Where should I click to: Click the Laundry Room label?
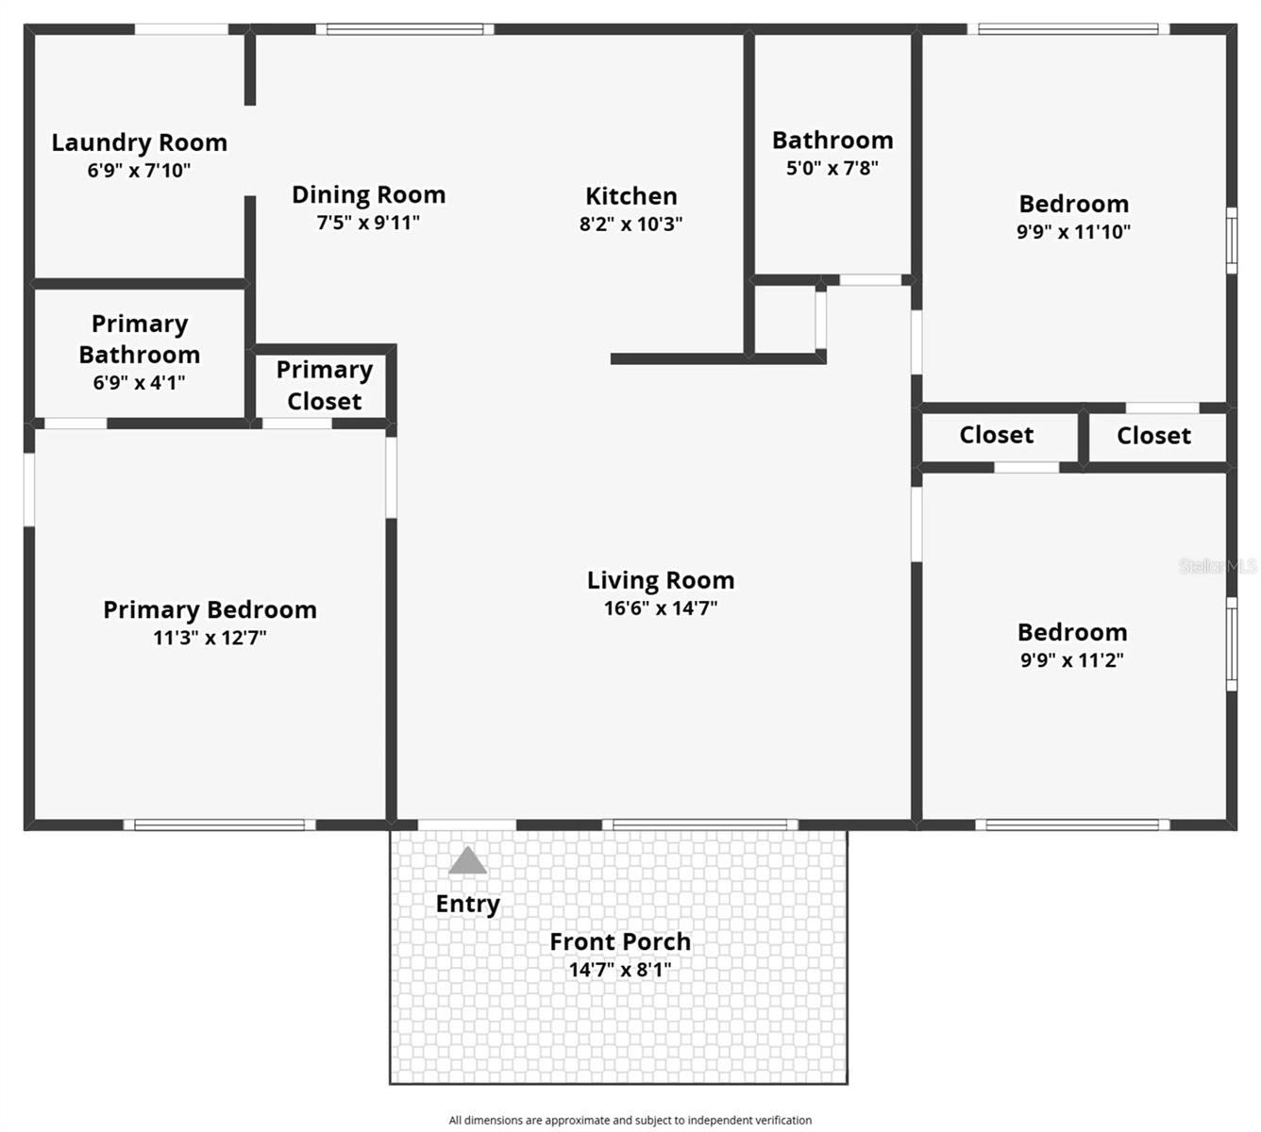(139, 142)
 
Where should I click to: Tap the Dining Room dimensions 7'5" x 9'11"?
(368, 223)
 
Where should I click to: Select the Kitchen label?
(630, 196)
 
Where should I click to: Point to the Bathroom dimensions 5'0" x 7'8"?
(832, 168)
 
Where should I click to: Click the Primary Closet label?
(324, 385)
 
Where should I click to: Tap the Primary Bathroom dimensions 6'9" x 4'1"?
(139, 382)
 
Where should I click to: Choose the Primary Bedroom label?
(210, 609)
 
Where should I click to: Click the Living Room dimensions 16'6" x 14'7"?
(661, 608)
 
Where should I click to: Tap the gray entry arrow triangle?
(467, 861)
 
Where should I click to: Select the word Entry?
(467, 904)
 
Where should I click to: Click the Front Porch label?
(620, 941)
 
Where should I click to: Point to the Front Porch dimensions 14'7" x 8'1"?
(620, 969)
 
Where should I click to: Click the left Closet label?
(996, 435)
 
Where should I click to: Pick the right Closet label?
(1153, 436)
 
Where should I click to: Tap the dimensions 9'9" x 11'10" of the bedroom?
(1073, 232)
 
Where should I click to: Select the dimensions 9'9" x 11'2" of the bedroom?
(1072, 660)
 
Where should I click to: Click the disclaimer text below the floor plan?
(630, 1120)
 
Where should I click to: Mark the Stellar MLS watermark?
(1218, 566)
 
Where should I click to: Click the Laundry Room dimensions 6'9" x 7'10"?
(139, 171)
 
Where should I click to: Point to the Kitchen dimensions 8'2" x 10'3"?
(630, 225)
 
